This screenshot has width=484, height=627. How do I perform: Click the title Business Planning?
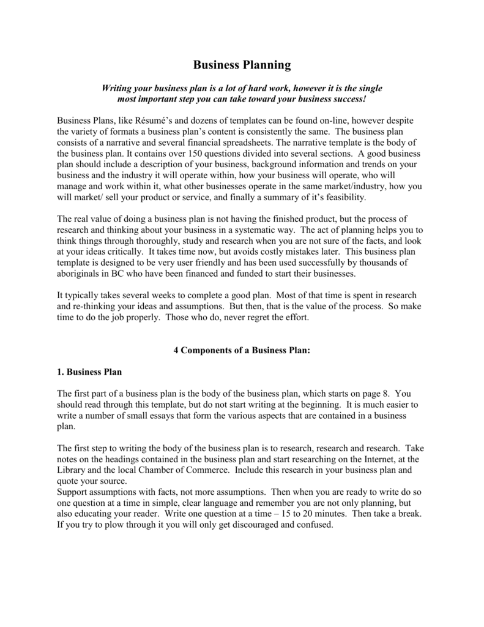(x=242, y=64)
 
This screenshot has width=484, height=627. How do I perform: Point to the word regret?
(x=263, y=318)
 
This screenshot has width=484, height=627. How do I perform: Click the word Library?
(x=72, y=471)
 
